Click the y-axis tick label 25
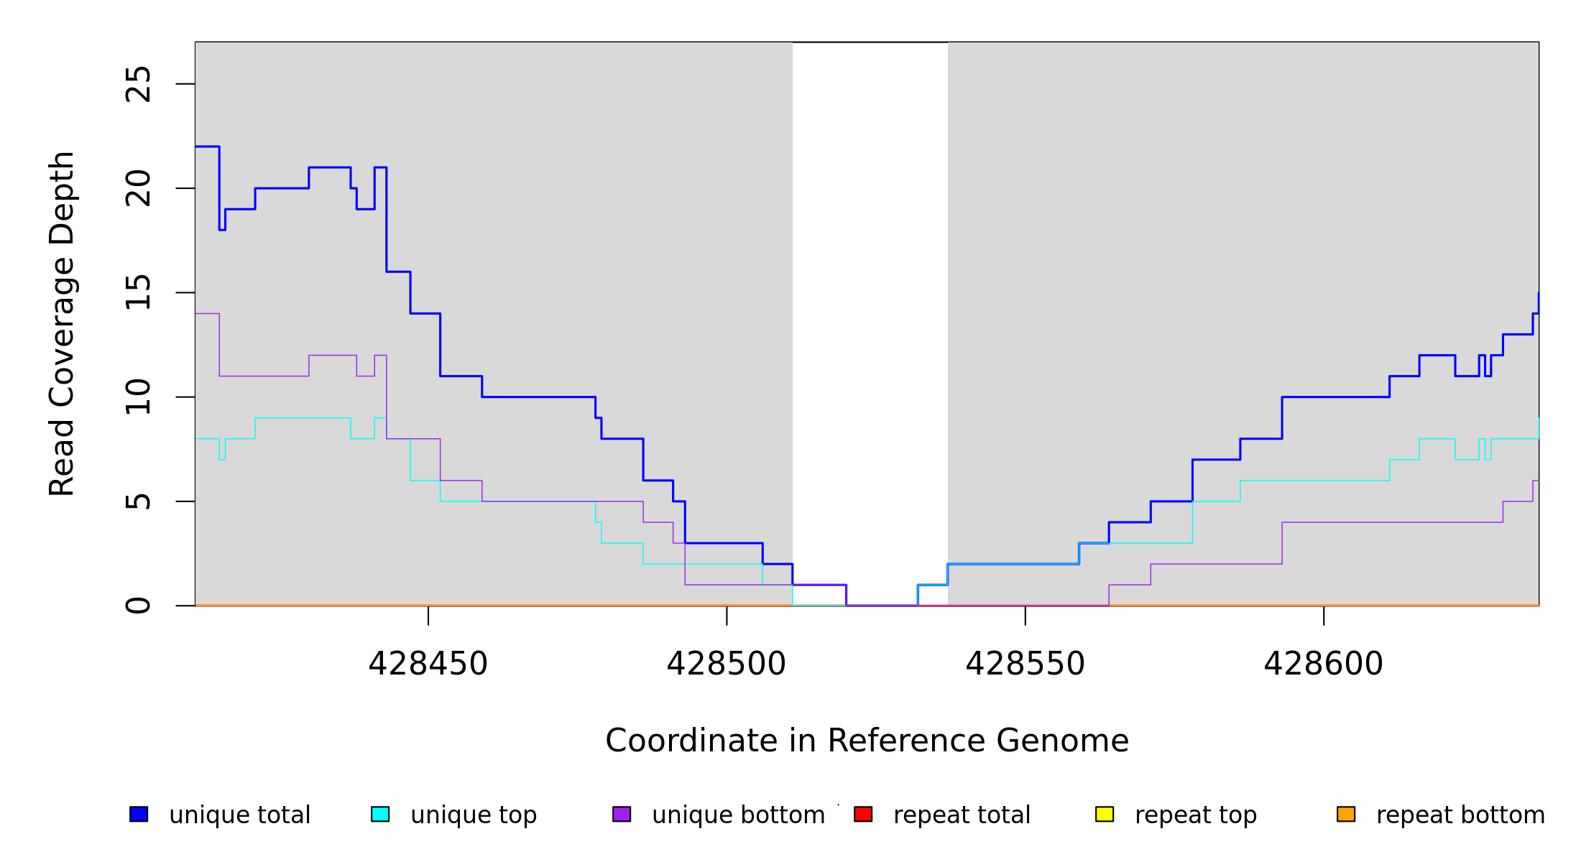[x=138, y=84]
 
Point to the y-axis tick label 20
[x=138, y=188]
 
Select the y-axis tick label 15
[x=138, y=292]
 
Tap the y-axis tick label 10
[x=138, y=397]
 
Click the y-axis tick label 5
[x=138, y=501]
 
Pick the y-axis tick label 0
[x=138, y=606]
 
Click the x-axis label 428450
[x=428, y=664]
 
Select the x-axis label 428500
[x=727, y=664]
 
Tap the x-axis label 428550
[x=1025, y=664]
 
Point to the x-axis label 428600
[x=1323, y=664]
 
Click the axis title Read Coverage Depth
[x=62, y=323]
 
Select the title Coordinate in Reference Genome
[x=867, y=741]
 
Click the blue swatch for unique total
[x=139, y=814]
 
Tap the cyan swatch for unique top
[x=380, y=814]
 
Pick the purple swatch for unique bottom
[x=622, y=814]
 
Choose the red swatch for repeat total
[x=863, y=814]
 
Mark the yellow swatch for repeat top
[x=1105, y=814]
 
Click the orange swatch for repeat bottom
[x=1346, y=814]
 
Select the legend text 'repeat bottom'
[x=1460, y=815]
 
